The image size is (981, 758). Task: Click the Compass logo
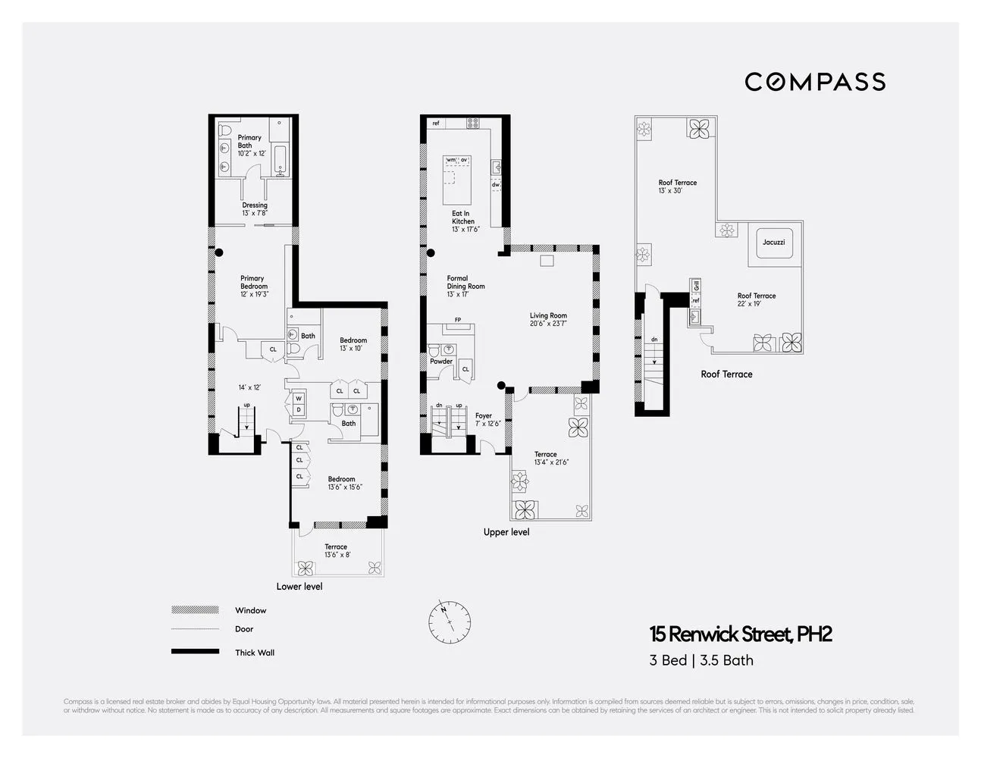coord(814,82)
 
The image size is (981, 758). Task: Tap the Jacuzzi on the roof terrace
coord(773,243)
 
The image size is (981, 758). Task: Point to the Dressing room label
coord(255,209)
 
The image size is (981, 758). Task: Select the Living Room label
coord(548,319)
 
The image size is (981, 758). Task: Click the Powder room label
coord(441,362)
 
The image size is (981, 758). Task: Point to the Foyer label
coord(484,419)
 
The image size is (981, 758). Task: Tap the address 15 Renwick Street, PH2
coord(739,634)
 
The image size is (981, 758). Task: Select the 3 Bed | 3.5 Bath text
coord(701,660)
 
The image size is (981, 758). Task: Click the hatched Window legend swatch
coord(195,610)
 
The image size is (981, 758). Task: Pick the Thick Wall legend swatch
coord(195,652)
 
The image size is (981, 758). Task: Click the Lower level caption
coord(299,587)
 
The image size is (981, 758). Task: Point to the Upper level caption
coord(506,532)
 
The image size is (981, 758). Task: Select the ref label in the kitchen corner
coord(436,124)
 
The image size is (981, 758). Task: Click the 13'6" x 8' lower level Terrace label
coord(336,551)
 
